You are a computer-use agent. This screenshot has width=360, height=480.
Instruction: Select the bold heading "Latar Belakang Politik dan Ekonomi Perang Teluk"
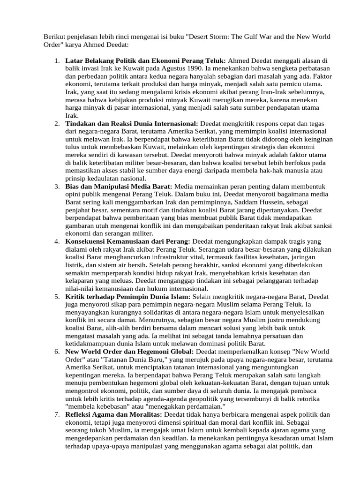(145, 60)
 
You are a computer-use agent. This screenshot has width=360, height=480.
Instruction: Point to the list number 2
(56, 123)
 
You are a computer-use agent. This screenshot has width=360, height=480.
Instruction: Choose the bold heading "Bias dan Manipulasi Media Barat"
(119, 186)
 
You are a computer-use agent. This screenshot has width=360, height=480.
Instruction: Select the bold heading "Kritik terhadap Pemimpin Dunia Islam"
(128, 296)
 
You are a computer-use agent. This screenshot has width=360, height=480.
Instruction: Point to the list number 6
(56, 352)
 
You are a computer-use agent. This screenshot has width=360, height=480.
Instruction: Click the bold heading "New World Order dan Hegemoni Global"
(129, 352)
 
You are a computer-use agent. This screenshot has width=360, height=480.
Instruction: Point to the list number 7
(56, 414)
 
